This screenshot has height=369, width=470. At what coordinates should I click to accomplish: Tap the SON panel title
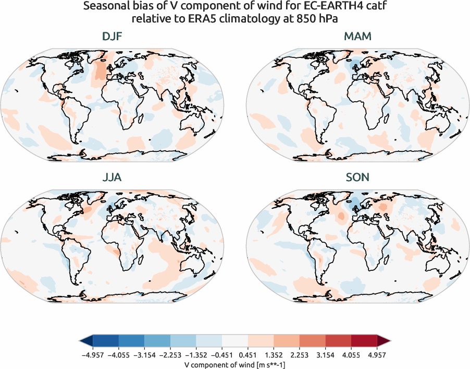pyautogui.click(x=357, y=177)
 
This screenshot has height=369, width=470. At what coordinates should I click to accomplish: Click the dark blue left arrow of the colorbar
pyautogui.click(x=86, y=342)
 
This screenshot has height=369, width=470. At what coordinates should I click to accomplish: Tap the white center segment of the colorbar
pyautogui.click(x=235, y=342)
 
